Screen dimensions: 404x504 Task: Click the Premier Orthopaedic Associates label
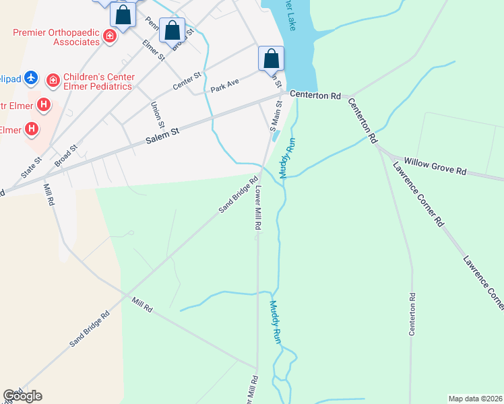pyautogui.click(x=56, y=37)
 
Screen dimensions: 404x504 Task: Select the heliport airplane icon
pyautogui.click(x=30, y=78)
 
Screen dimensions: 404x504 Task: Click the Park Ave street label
pyautogui.click(x=226, y=86)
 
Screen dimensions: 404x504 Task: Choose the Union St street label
pyautogui.click(x=158, y=114)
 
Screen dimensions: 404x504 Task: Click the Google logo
pyautogui.click(x=22, y=396)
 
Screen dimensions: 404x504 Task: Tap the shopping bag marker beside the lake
pyautogui.click(x=272, y=59)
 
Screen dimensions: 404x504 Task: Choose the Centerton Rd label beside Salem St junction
pyautogui.click(x=315, y=96)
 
